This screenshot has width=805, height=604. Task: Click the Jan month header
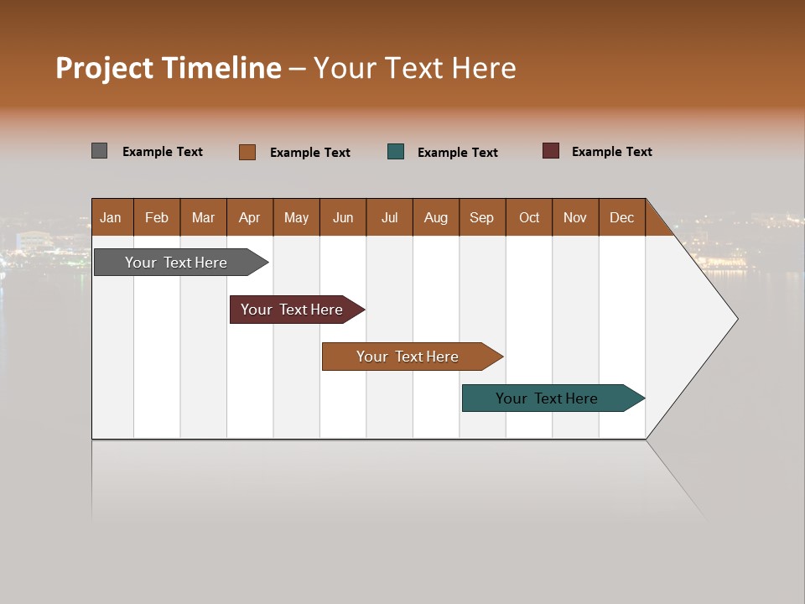[x=112, y=217]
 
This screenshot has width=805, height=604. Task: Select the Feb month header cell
[x=157, y=217]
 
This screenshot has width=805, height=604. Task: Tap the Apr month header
[x=250, y=217]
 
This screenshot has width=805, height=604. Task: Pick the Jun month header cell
[x=343, y=217]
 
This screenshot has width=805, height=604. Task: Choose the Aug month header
[x=436, y=217]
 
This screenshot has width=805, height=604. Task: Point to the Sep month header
[x=482, y=217]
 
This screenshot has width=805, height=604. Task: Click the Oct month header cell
[x=529, y=217]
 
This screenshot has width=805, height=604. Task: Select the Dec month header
[x=622, y=217]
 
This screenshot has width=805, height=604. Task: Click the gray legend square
[x=100, y=151]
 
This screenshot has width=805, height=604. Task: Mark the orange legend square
[x=247, y=152]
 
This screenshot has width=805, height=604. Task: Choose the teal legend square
[x=396, y=151]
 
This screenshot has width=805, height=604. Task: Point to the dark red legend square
[x=551, y=151]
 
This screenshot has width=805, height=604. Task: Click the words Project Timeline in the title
[x=168, y=68]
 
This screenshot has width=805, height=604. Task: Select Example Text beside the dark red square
[x=612, y=152]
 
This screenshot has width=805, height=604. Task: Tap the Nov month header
[x=575, y=217]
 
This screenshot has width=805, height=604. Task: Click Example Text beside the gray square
[x=163, y=152]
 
